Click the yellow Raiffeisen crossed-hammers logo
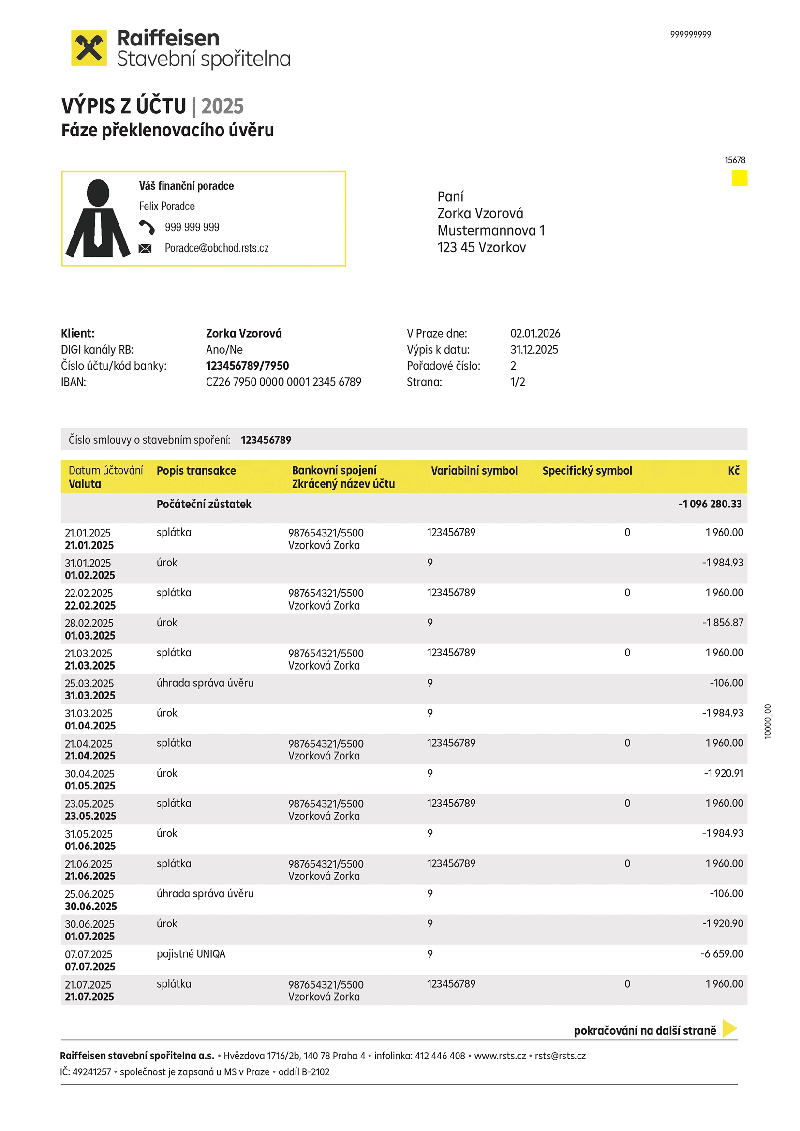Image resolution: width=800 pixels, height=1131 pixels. (x=89, y=48)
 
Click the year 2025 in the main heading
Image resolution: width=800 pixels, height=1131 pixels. (x=222, y=106)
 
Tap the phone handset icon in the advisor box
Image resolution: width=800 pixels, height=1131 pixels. (x=146, y=227)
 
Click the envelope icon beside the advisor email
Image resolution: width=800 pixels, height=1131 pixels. (x=145, y=248)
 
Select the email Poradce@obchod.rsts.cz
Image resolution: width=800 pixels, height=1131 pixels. (x=216, y=248)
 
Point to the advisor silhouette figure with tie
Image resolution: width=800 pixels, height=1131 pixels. (x=98, y=219)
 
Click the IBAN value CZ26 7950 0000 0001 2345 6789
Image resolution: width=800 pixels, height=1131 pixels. (x=283, y=382)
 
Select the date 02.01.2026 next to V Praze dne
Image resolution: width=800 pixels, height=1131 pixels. (x=535, y=334)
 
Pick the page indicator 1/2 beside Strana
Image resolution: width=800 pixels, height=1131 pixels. (x=517, y=382)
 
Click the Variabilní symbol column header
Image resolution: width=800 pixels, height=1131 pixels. (x=474, y=471)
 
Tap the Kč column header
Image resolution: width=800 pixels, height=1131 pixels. (x=734, y=471)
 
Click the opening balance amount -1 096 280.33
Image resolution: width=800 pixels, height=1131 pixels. (x=710, y=505)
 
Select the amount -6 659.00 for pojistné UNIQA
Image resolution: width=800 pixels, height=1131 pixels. (x=721, y=954)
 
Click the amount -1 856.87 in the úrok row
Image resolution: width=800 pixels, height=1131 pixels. (x=722, y=623)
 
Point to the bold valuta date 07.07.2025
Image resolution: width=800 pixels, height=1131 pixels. (x=89, y=967)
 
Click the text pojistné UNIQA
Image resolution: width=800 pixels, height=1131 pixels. (x=191, y=954)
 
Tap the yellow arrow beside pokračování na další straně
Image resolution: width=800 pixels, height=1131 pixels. (x=729, y=1028)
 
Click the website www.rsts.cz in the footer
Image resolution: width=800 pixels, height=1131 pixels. (x=500, y=1056)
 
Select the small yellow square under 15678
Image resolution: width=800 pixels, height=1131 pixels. (x=739, y=178)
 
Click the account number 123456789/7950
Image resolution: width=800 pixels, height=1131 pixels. (x=247, y=366)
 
